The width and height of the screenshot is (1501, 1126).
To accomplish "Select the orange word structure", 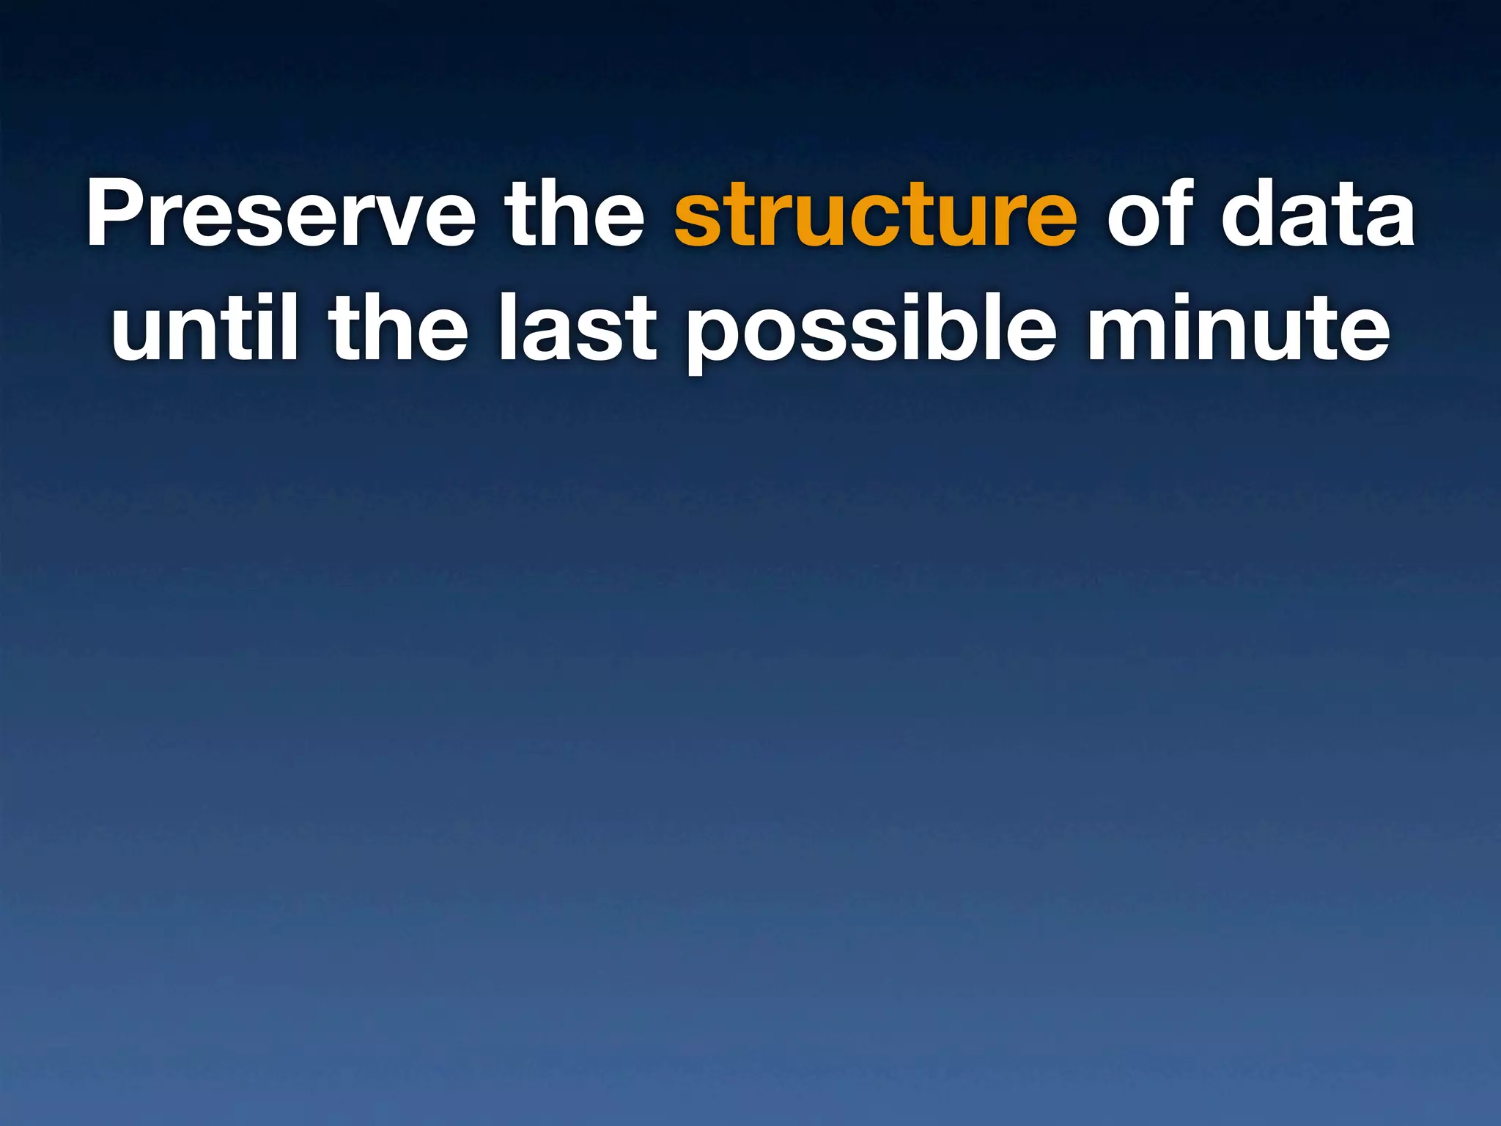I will click(875, 214).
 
